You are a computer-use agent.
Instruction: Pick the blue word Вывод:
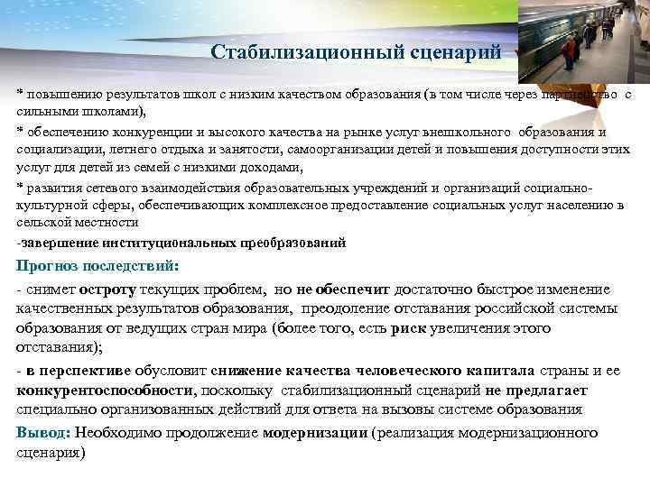click(x=42, y=432)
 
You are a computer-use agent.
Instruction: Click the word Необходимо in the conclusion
click(x=116, y=432)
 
